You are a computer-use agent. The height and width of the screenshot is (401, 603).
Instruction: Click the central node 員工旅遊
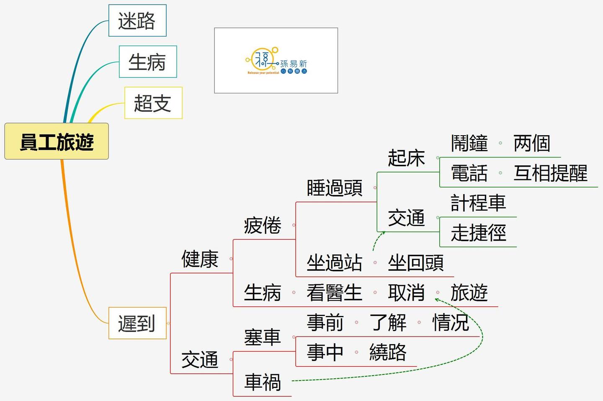57,141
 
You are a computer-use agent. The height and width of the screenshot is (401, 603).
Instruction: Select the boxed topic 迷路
137,21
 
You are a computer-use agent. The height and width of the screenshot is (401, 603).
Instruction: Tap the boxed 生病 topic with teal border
147,62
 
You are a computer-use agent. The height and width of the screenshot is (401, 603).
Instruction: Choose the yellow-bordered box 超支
153,103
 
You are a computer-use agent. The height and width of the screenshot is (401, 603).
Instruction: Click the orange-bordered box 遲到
137,323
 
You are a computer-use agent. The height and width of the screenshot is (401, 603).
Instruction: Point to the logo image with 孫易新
276,61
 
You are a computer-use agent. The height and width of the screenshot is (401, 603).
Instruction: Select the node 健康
200,259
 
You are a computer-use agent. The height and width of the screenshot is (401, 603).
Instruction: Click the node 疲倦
263,226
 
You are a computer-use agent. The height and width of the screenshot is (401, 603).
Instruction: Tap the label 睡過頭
335,188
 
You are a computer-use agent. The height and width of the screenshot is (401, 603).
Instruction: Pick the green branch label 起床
406,158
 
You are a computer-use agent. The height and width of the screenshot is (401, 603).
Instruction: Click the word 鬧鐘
469,143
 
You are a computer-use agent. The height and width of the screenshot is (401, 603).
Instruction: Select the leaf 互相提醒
551,173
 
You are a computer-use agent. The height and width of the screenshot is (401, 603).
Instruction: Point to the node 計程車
478,203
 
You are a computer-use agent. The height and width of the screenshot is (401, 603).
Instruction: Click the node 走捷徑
478,233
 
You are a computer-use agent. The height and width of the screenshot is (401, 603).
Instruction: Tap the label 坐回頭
416,263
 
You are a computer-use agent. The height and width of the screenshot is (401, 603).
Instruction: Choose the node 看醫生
334,293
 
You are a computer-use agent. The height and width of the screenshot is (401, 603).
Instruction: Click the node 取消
406,293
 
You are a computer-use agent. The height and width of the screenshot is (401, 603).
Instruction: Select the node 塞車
263,337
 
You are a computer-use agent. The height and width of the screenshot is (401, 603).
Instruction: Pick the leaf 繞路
388,352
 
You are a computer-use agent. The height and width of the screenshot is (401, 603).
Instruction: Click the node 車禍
263,382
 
